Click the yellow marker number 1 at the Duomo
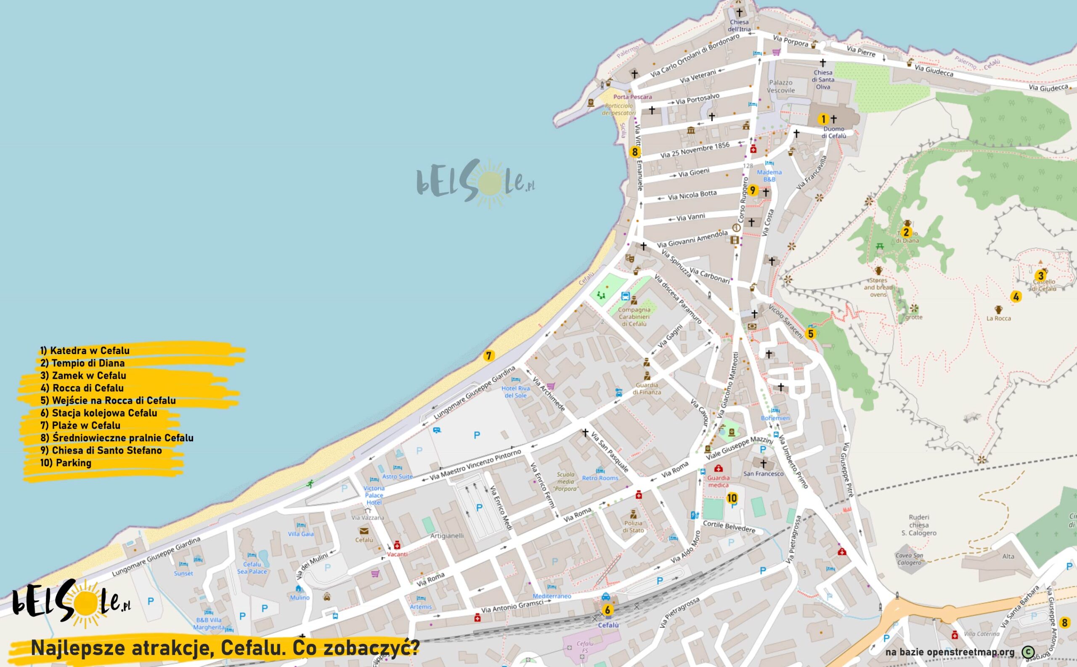point(823,119)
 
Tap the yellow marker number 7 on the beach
point(488,355)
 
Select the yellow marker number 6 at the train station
point(607,611)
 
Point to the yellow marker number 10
point(732,498)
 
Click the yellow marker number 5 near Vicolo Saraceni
point(811,334)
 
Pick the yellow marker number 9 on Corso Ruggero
point(753,191)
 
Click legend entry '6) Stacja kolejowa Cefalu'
point(98,413)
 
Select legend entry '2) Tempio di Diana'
point(82,363)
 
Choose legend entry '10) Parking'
point(66,463)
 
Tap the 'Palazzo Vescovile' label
point(781,87)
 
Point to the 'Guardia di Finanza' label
point(647,389)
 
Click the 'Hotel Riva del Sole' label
point(515,392)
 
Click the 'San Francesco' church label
point(763,474)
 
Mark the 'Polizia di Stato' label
point(633,527)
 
